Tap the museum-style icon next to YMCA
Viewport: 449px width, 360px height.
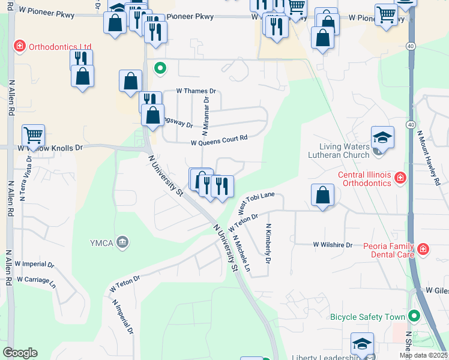(123, 242)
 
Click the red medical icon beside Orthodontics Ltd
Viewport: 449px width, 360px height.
(20, 46)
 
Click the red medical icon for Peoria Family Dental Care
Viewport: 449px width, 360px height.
(423, 248)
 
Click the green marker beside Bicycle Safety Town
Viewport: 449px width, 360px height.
(413, 316)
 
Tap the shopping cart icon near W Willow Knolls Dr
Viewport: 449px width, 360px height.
(33, 134)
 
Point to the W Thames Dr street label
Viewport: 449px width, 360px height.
(195, 91)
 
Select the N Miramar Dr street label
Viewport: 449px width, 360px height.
(205, 116)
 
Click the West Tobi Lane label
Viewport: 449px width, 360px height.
(256, 202)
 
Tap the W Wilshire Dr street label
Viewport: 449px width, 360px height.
(333, 245)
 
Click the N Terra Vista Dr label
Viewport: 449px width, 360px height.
(26, 178)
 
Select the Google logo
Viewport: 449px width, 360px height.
(20, 353)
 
